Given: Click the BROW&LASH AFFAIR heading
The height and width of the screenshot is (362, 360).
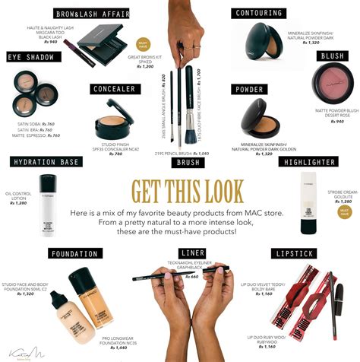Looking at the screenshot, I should [90, 13].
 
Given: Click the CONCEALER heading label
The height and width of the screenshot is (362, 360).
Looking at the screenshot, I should [114, 89].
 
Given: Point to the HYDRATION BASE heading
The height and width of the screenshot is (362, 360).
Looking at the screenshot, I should [45, 162].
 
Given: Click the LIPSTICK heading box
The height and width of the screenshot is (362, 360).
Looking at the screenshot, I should [296, 252].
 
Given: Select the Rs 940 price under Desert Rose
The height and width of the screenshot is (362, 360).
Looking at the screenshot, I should [334, 122].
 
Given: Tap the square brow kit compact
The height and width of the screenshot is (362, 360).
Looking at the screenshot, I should [100, 38].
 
